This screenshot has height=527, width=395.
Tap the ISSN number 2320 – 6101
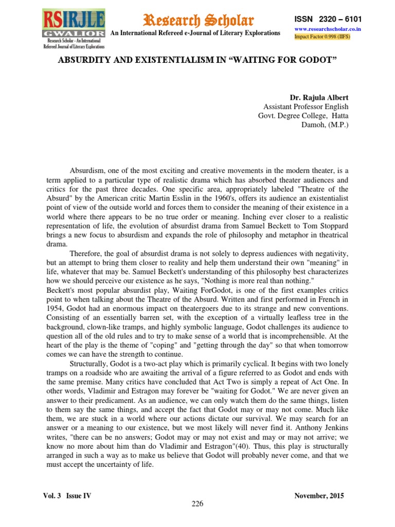(x=328, y=19)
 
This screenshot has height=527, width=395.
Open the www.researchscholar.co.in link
(x=327, y=29)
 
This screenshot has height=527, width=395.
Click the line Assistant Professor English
(x=306, y=107)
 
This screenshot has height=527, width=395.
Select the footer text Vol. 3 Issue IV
(x=68, y=496)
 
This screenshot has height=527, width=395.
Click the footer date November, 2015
(x=319, y=496)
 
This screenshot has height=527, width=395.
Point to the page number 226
(x=197, y=505)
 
